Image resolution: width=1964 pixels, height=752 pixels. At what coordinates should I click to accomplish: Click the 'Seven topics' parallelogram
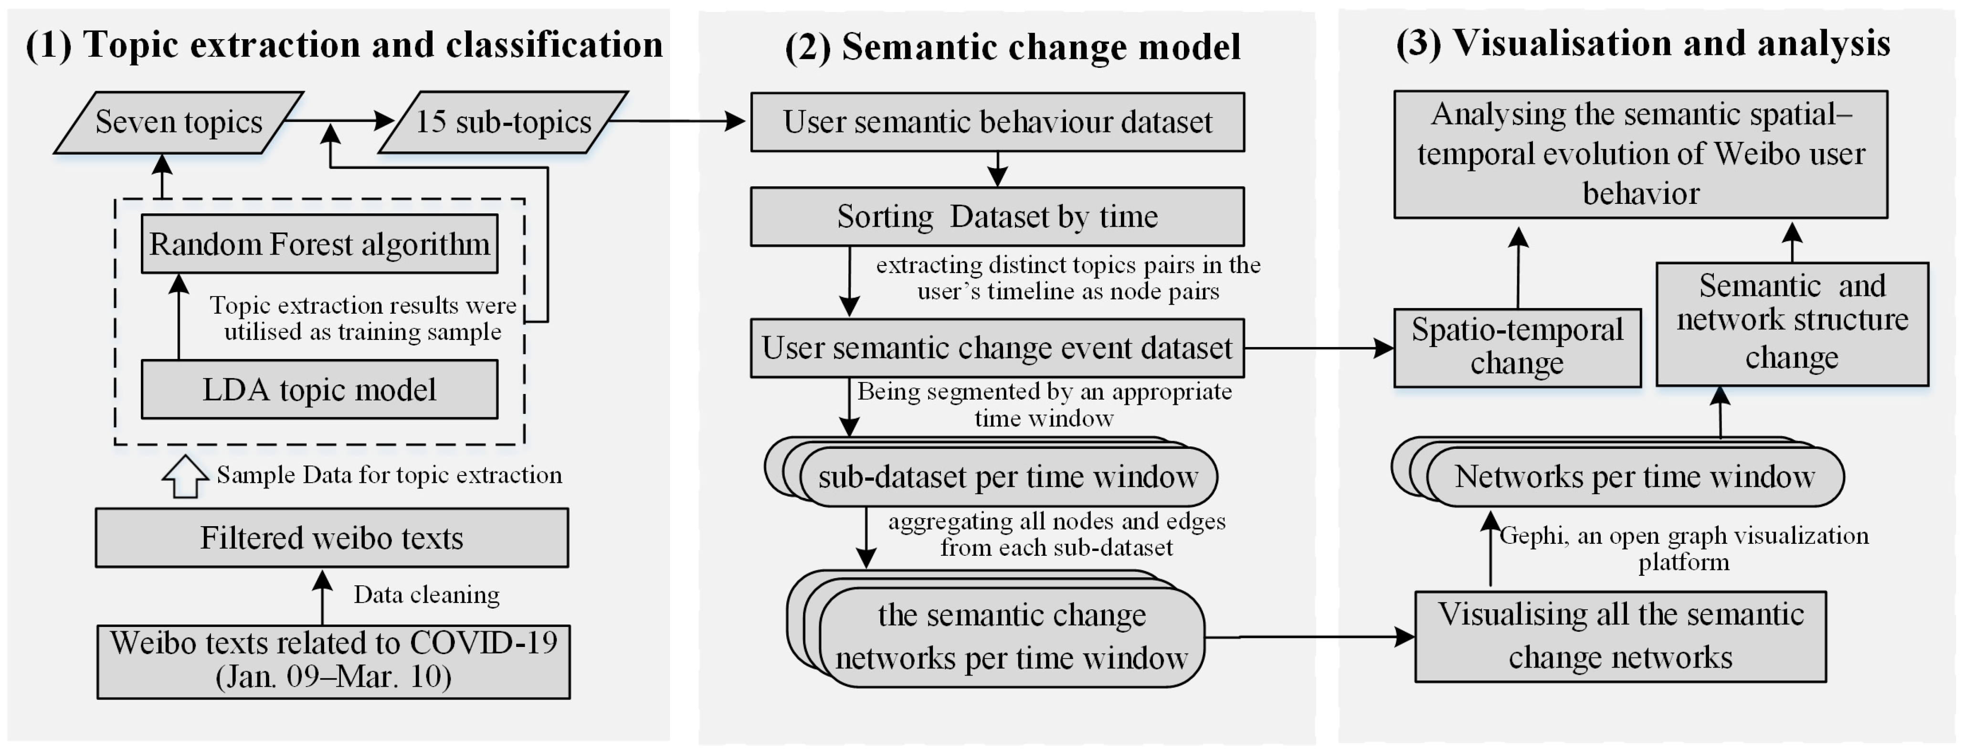[179, 122]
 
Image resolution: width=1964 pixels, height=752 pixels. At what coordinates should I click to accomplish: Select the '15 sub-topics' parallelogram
[503, 122]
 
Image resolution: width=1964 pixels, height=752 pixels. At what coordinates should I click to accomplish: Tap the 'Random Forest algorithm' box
[319, 244]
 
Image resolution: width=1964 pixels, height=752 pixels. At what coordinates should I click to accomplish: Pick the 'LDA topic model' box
[319, 390]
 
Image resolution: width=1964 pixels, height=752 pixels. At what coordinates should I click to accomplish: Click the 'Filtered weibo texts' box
[332, 538]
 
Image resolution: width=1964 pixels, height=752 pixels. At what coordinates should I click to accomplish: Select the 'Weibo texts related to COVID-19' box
[333, 660]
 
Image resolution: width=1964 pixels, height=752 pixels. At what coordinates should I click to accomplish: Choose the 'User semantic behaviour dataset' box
[997, 122]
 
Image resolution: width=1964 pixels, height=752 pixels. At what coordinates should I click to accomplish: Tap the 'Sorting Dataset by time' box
[997, 217]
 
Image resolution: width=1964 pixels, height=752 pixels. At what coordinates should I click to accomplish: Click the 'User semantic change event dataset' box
[997, 348]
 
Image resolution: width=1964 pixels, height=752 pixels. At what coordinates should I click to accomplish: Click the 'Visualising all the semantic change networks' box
[1620, 636]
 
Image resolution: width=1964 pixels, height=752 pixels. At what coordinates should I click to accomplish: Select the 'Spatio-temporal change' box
[1517, 348]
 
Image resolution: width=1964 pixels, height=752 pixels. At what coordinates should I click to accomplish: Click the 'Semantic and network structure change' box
[1792, 323]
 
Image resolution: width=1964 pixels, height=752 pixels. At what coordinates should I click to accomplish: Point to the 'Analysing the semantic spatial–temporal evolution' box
[1641, 154]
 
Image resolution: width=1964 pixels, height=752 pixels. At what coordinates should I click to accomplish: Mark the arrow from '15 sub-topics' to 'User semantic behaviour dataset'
[678, 120]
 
